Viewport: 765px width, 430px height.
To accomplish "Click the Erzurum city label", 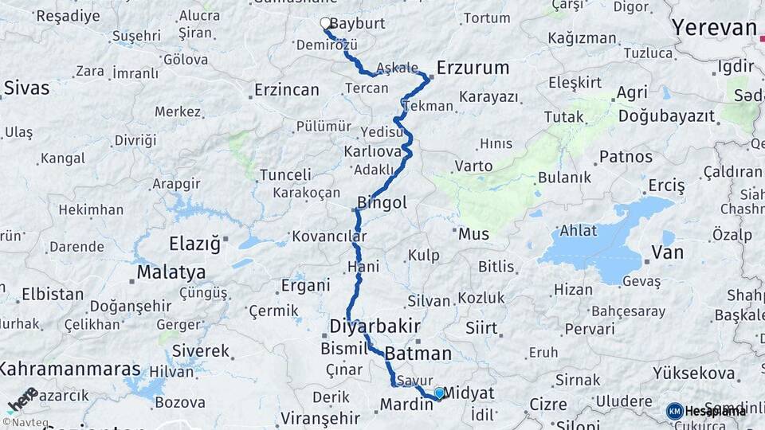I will [x=473, y=68].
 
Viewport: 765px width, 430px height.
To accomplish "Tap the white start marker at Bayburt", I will [x=325, y=24].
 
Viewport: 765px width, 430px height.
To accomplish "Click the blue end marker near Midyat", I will [x=438, y=393].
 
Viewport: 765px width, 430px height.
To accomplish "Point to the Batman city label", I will [x=418, y=354].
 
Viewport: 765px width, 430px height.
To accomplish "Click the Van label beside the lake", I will [x=667, y=253].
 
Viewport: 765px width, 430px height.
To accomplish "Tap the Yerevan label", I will [x=713, y=28].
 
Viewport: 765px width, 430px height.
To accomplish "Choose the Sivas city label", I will [x=26, y=88].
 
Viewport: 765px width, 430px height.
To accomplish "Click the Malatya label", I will [x=171, y=272].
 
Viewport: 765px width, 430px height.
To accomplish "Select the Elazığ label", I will [x=194, y=244].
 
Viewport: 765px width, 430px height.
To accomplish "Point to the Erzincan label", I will [x=286, y=90].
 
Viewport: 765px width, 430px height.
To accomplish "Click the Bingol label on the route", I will [x=382, y=203].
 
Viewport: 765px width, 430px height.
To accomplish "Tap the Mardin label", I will [x=406, y=405].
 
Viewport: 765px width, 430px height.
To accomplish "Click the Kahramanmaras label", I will [x=69, y=369].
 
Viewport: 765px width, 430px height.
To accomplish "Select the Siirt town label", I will [x=481, y=327].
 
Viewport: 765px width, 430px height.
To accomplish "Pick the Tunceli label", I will [x=285, y=174].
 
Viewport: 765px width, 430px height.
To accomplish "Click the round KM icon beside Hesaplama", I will [x=675, y=411].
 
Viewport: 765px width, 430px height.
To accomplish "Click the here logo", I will [x=22, y=401].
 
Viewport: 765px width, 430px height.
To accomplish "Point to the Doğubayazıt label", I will [x=666, y=116].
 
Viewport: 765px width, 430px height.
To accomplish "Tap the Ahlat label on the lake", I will [x=578, y=230].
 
